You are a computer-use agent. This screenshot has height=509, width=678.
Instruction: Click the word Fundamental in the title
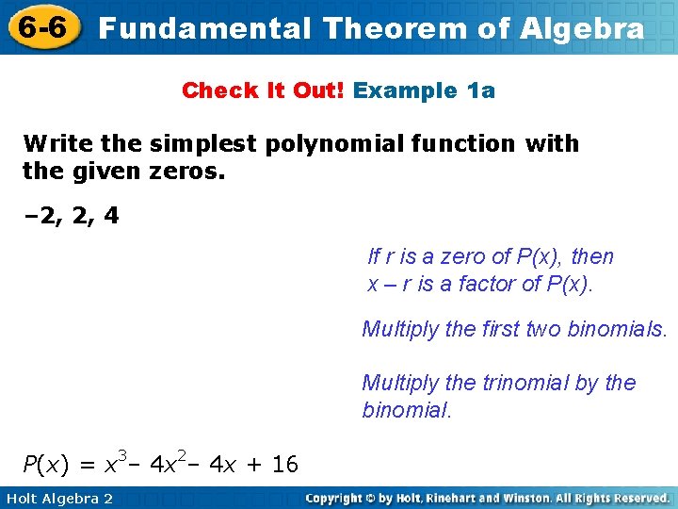(203, 28)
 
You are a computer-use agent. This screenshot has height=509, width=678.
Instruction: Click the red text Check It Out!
(264, 90)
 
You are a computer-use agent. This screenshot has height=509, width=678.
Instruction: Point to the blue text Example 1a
(424, 90)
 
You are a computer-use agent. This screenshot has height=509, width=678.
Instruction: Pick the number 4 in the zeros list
(112, 216)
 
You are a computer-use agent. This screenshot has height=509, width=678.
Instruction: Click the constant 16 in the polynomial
(284, 464)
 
